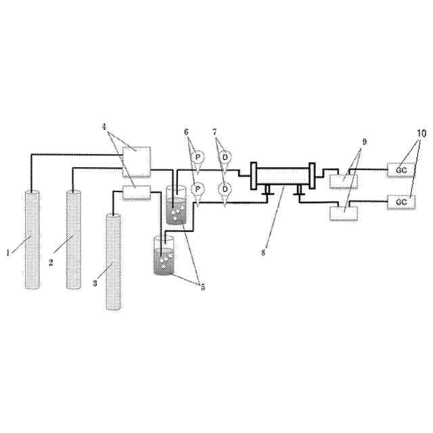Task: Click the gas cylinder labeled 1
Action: click(x=32, y=240)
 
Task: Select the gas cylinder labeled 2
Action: click(x=74, y=240)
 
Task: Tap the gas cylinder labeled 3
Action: click(x=114, y=262)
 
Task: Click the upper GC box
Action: click(x=401, y=170)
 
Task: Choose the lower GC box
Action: click(x=401, y=202)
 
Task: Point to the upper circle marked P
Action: click(x=198, y=158)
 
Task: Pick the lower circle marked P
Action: click(x=198, y=189)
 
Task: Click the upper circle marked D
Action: click(x=225, y=158)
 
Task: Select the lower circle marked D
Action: click(x=225, y=189)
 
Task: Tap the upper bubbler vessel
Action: click(x=176, y=205)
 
